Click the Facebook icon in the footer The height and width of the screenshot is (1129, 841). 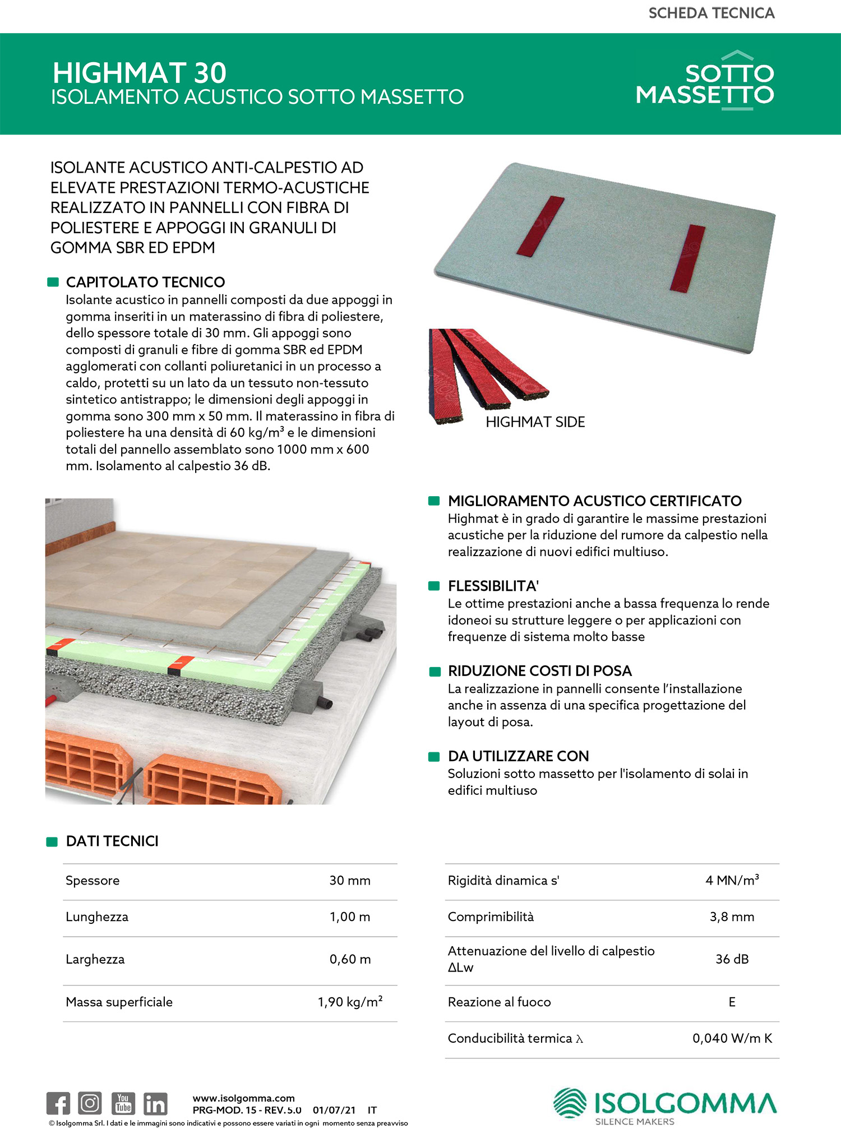58,1103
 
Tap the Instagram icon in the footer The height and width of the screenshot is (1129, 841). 90,1103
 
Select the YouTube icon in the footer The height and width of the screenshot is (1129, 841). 123,1103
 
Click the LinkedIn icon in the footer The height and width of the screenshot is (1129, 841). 155,1103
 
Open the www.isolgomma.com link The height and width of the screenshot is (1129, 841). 243,1098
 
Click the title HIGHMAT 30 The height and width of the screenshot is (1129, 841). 140,73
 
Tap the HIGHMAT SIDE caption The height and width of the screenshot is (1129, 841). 535,422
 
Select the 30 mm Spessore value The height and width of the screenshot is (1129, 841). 350,881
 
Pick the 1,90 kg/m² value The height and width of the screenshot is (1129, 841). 350,1002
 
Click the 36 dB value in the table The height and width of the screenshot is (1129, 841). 732,959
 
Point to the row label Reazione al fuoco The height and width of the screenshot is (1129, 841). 499,1002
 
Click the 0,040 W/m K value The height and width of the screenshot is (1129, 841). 732,1038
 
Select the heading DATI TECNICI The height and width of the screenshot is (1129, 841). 112,841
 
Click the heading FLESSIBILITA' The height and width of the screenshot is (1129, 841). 493,586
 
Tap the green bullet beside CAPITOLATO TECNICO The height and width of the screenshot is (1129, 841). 53,282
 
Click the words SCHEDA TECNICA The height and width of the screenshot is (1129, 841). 711,13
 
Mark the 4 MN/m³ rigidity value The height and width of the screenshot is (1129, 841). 732,880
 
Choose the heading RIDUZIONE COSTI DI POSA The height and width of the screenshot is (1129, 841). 539,671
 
